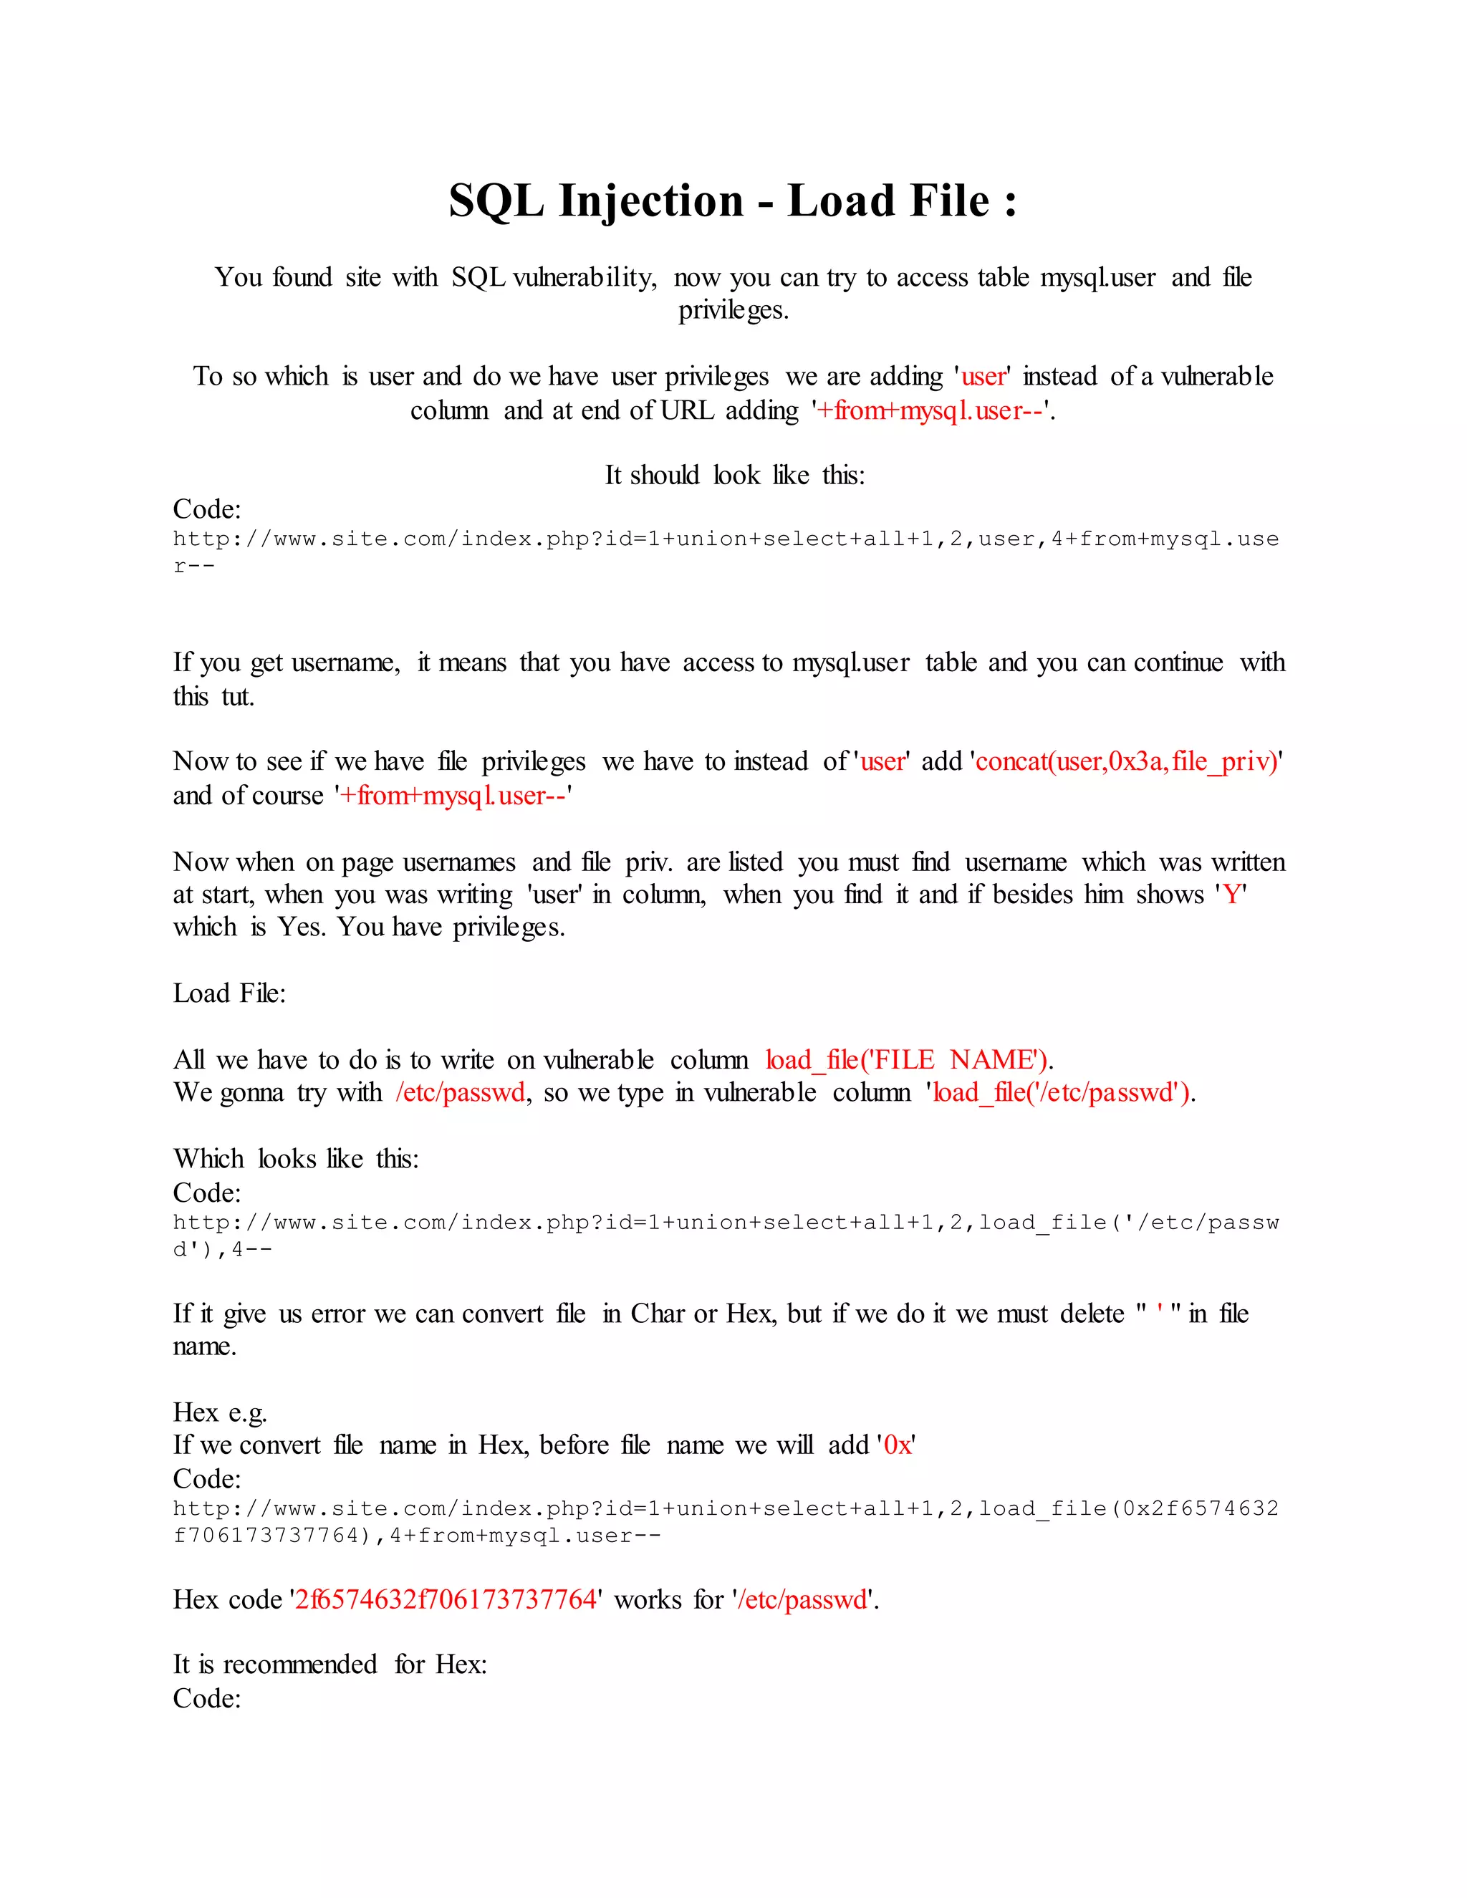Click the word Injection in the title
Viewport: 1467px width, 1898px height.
(x=651, y=202)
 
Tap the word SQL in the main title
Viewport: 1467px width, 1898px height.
(x=496, y=202)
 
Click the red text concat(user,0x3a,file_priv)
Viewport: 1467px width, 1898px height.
(x=1126, y=762)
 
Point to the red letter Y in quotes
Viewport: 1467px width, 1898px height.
(x=1231, y=895)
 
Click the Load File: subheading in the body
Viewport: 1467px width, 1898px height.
(x=229, y=993)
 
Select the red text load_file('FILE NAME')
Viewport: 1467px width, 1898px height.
(x=908, y=1060)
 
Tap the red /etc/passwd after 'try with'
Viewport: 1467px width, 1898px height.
(x=461, y=1092)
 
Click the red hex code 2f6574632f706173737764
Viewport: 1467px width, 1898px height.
(x=446, y=1600)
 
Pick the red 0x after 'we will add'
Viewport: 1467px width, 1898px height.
(x=897, y=1445)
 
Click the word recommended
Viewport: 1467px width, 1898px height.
(x=300, y=1665)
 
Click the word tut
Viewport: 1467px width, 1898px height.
(x=237, y=697)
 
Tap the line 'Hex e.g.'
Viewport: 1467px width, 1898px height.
(x=220, y=1412)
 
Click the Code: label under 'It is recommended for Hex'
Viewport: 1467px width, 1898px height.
(x=207, y=1698)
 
